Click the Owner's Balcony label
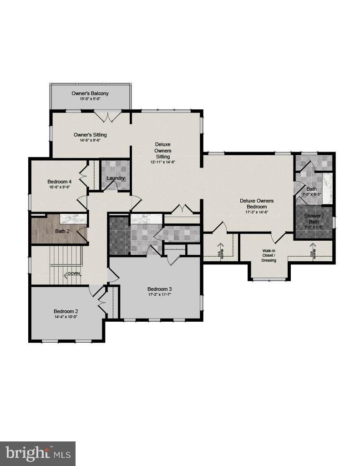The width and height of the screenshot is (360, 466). tap(90, 93)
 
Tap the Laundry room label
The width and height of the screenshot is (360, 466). tap(116, 178)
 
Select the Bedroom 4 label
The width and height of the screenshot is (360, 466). tap(59, 181)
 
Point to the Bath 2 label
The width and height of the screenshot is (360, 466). tap(62, 231)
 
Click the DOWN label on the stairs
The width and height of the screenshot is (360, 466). tap(74, 274)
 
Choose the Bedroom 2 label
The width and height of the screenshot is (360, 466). tap(66, 311)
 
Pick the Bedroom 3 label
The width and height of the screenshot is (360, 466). tap(159, 289)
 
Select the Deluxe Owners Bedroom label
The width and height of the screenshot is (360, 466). tap(257, 203)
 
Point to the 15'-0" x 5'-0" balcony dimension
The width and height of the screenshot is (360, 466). tap(90, 99)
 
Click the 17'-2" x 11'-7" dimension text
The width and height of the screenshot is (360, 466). tap(159, 294)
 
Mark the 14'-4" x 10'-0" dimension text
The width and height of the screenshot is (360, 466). tap(66, 317)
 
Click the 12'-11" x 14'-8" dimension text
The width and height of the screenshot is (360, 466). tap(162, 162)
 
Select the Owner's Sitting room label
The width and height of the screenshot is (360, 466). tap(90, 135)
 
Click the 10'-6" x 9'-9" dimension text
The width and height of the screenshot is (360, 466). tap(59, 187)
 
